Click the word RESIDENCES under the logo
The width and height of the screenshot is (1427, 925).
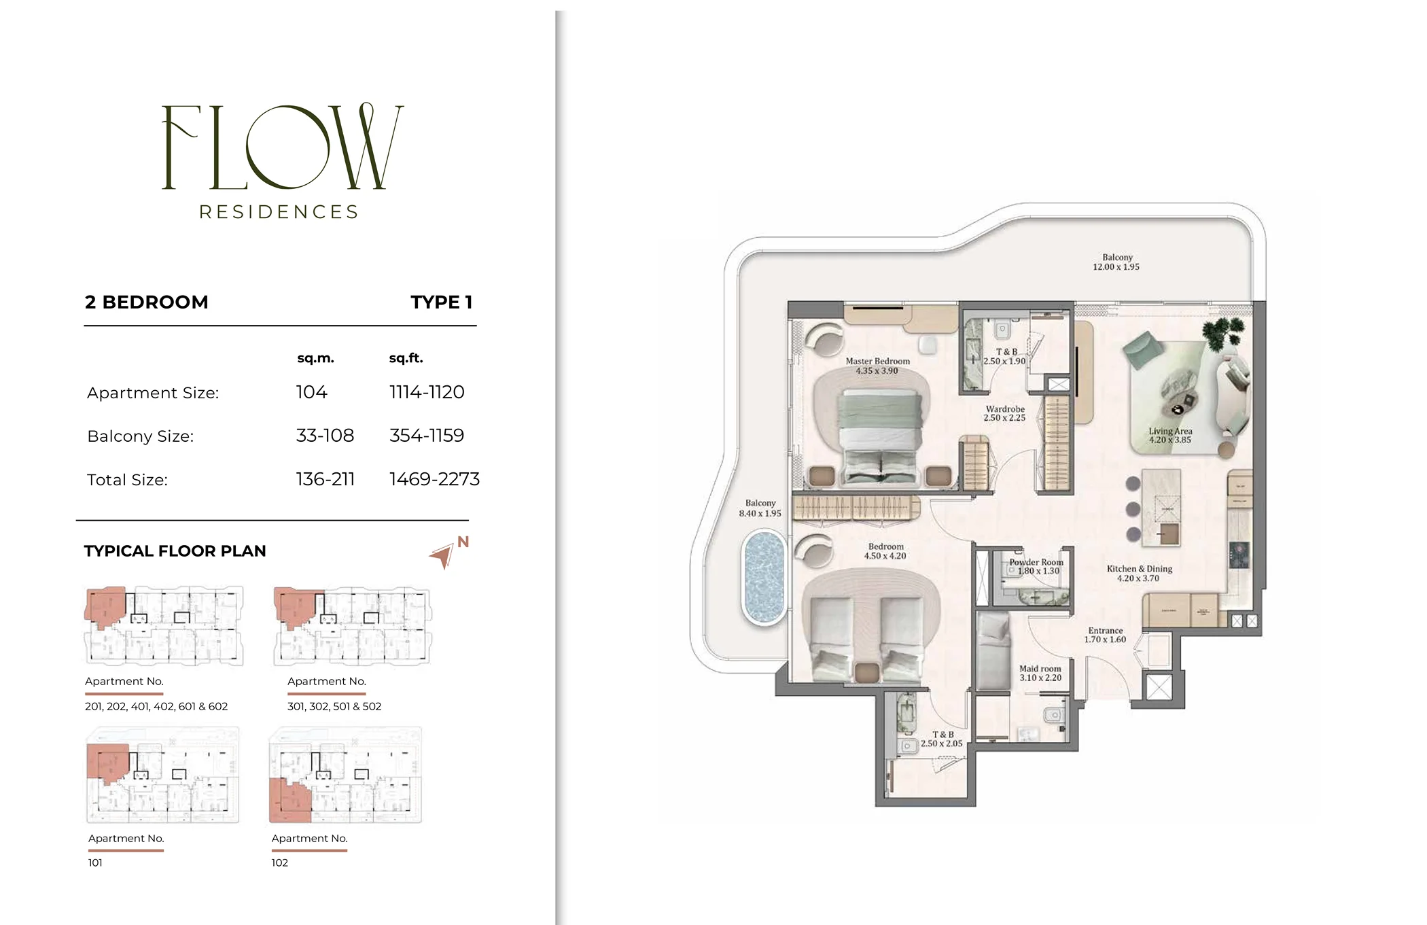[x=279, y=212]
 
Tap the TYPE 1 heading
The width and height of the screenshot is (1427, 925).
[x=441, y=302]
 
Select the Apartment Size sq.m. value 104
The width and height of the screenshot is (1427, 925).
[x=311, y=392]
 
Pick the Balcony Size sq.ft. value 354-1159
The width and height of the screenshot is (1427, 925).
[x=427, y=436]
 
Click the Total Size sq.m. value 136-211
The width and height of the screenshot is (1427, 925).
[x=325, y=479]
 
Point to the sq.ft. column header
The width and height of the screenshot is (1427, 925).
[x=406, y=358]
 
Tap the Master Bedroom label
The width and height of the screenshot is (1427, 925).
[x=877, y=361]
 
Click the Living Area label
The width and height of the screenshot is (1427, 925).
[x=1170, y=431]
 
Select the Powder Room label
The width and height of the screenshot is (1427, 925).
[x=1036, y=562]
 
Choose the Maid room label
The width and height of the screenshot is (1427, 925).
[x=1040, y=669]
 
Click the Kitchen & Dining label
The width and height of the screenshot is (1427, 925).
[x=1140, y=569]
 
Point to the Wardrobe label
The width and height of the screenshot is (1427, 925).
[x=1005, y=409]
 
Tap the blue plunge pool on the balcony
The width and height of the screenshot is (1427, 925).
[x=764, y=578]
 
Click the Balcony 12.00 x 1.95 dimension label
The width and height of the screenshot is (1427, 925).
[x=1116, y=262]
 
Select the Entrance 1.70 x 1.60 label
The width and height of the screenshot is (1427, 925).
[x=1105, y=635]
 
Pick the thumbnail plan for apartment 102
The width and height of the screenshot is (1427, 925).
[x=345, y=775]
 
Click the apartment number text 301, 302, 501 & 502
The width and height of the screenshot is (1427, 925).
[x=334, y=706]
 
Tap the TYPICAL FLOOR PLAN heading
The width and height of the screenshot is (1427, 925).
[x=175, y=551]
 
